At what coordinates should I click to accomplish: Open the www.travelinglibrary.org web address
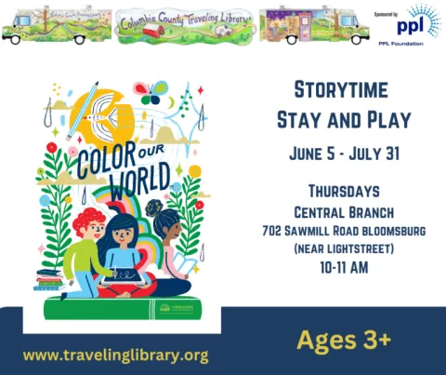coord(115,355)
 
